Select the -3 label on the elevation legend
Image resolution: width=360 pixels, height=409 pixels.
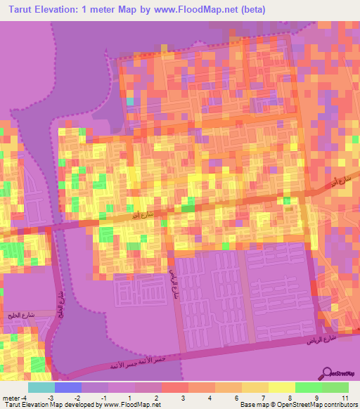[x=51, y=398]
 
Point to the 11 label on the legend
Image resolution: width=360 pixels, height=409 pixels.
[x=345, y=398]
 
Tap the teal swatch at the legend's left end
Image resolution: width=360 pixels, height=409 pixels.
[x=41, y=387]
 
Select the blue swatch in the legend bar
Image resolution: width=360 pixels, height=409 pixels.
[x=68, y=387]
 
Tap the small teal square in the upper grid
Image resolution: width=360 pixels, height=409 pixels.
[x=129, y=101]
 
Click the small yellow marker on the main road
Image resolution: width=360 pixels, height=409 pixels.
[x=289, y=209]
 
